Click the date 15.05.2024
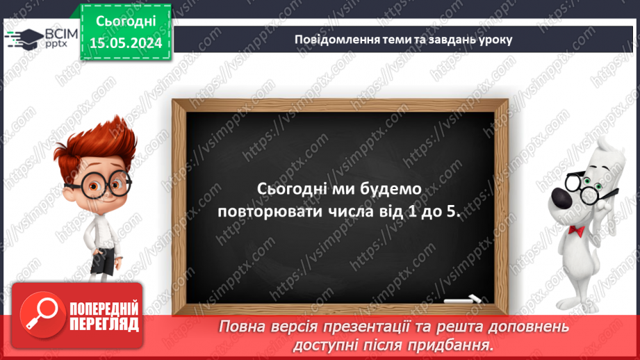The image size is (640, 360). (x=125, y=43)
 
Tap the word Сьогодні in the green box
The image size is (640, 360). (x=125, y=21)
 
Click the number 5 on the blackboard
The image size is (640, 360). (x=452, y=212)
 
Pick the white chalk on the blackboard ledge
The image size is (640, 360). (x=462, y=300)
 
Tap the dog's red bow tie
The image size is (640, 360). (x=575, y=230)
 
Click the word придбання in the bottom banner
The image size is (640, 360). (x=452, y=344)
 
